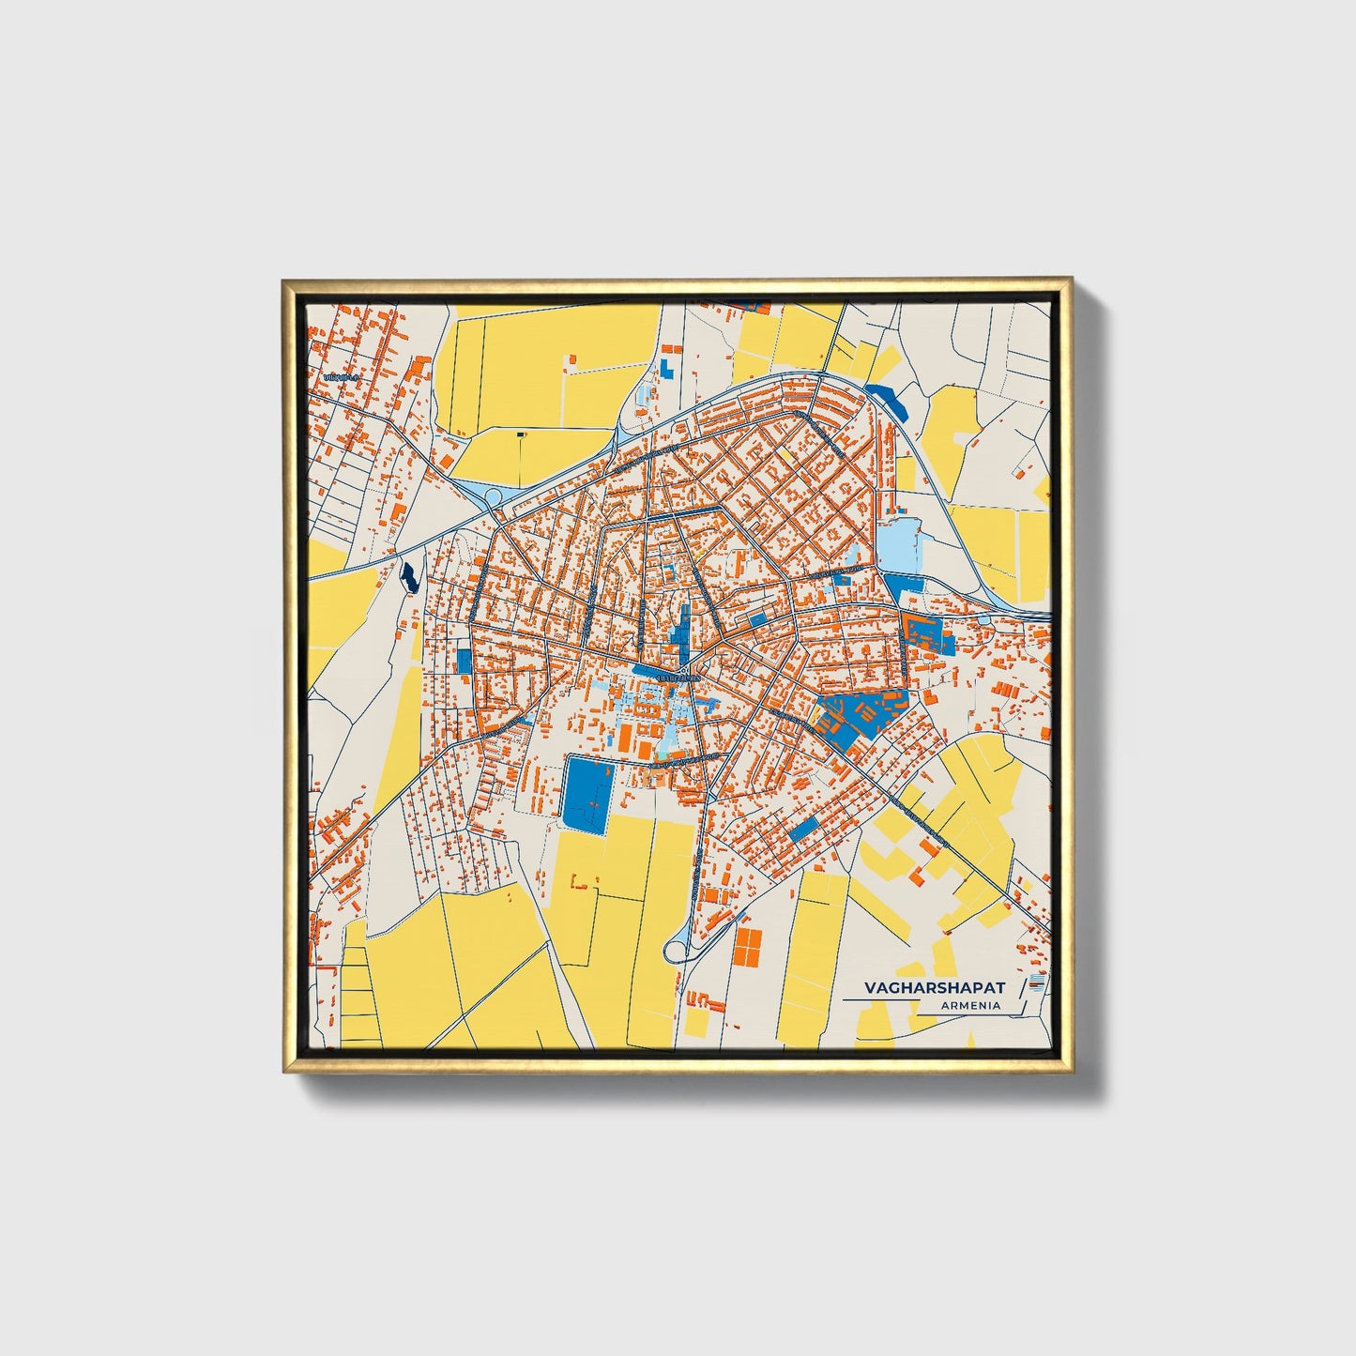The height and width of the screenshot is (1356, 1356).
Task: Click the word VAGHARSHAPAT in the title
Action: (934, 988)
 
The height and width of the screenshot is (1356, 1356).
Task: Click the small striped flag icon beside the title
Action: (1036, 983)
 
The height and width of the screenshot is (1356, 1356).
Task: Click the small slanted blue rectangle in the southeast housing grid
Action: (803, 830)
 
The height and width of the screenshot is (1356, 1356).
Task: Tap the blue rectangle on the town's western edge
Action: (465, 660)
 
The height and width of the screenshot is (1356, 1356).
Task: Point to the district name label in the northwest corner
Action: (341, 376)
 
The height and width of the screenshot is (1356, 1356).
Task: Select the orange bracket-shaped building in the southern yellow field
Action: (582, 883)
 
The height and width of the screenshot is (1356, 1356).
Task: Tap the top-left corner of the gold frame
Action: (284, 281)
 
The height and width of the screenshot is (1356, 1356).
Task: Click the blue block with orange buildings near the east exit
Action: (929, 633)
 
